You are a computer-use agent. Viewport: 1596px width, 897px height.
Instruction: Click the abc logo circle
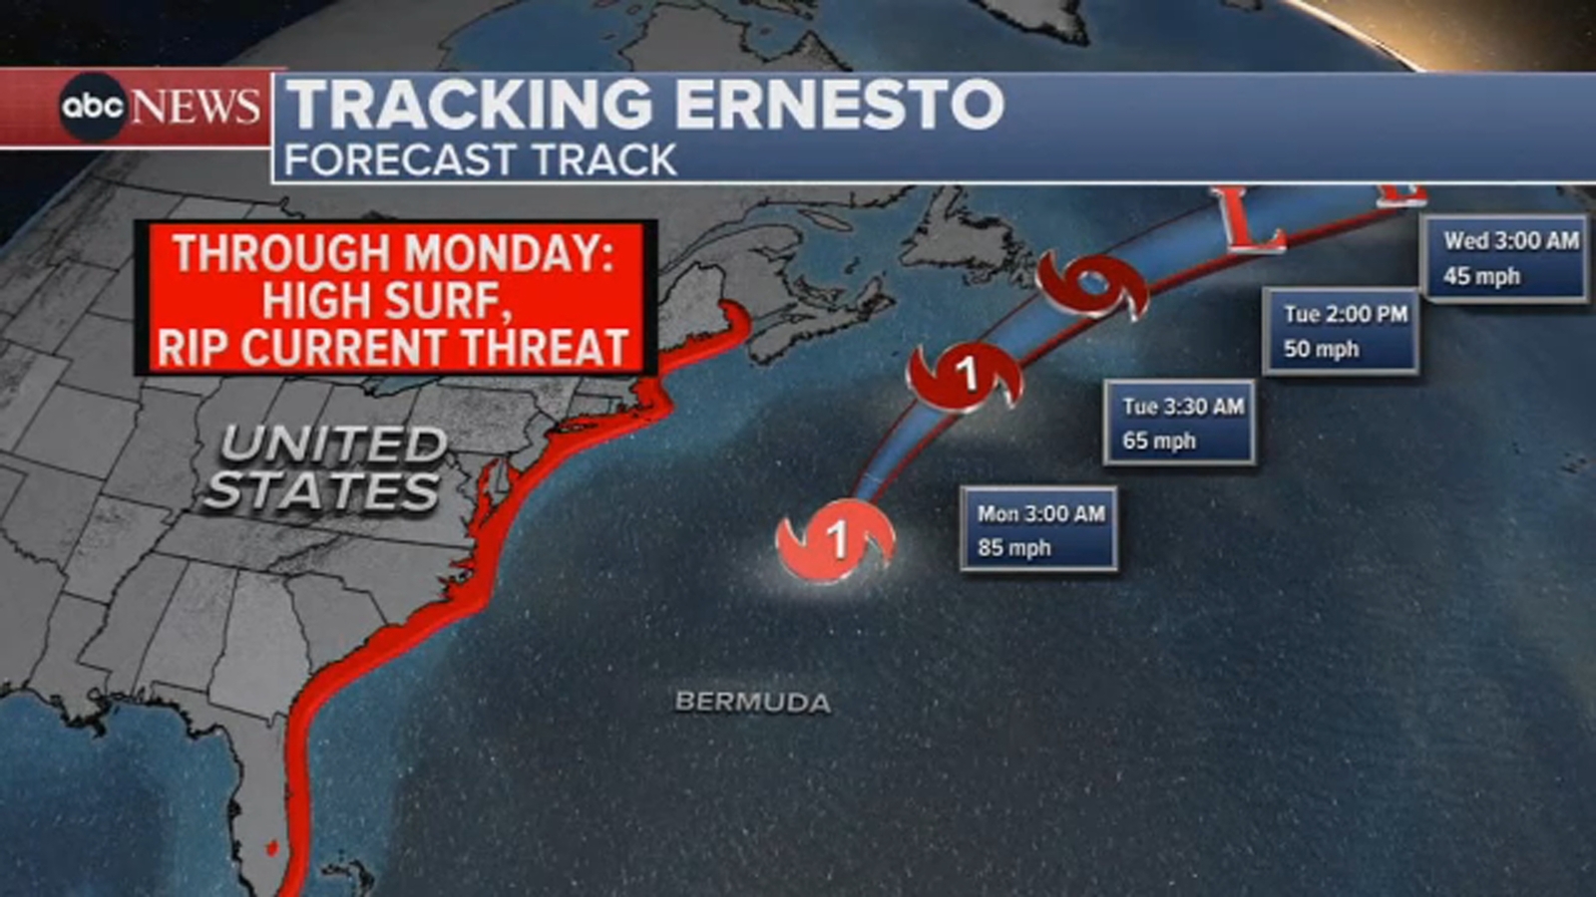click(x=92, y=106)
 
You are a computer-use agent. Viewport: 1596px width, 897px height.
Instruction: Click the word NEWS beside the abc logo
click(x=197, y=107)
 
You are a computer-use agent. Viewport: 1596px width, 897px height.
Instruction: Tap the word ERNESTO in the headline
click(x=839, y=104)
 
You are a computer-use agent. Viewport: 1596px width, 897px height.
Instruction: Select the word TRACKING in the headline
click(x=469, y=104)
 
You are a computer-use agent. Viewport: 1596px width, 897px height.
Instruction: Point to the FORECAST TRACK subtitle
click(x=480, y=159)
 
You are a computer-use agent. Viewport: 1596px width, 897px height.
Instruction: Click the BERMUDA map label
click(x=752, y=703)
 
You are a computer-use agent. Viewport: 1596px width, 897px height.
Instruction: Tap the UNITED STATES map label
click(x=325, y=467)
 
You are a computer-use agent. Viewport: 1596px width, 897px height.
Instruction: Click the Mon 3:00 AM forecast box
click(x=1038, y=529)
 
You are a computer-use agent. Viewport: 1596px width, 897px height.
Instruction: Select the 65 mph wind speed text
click(x=1158, y=441)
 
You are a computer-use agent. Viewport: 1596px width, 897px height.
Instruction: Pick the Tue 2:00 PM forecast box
click(x=1342, y=331)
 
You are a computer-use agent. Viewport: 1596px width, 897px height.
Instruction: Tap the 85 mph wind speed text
click(x=1013, y=548)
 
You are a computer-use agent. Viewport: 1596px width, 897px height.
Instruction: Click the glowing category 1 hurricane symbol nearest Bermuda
click(x=836, y=541)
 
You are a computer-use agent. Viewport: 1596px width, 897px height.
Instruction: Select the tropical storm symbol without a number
click(x=1092, y=286)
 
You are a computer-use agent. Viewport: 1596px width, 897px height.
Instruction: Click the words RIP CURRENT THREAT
click(x=393, y=348)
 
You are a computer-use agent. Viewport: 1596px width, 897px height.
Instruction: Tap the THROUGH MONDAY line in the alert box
click(x=393, y=253)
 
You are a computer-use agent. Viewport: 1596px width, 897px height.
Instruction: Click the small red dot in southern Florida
click(x=270, y=847)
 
